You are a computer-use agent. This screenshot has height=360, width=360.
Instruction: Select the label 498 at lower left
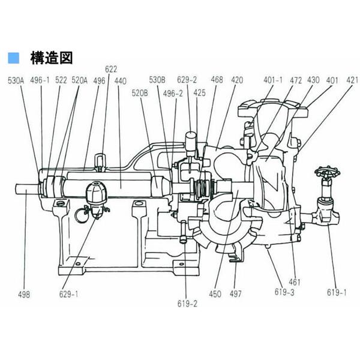pos(25,295)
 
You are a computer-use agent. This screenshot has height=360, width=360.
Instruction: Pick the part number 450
pos(216,295)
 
